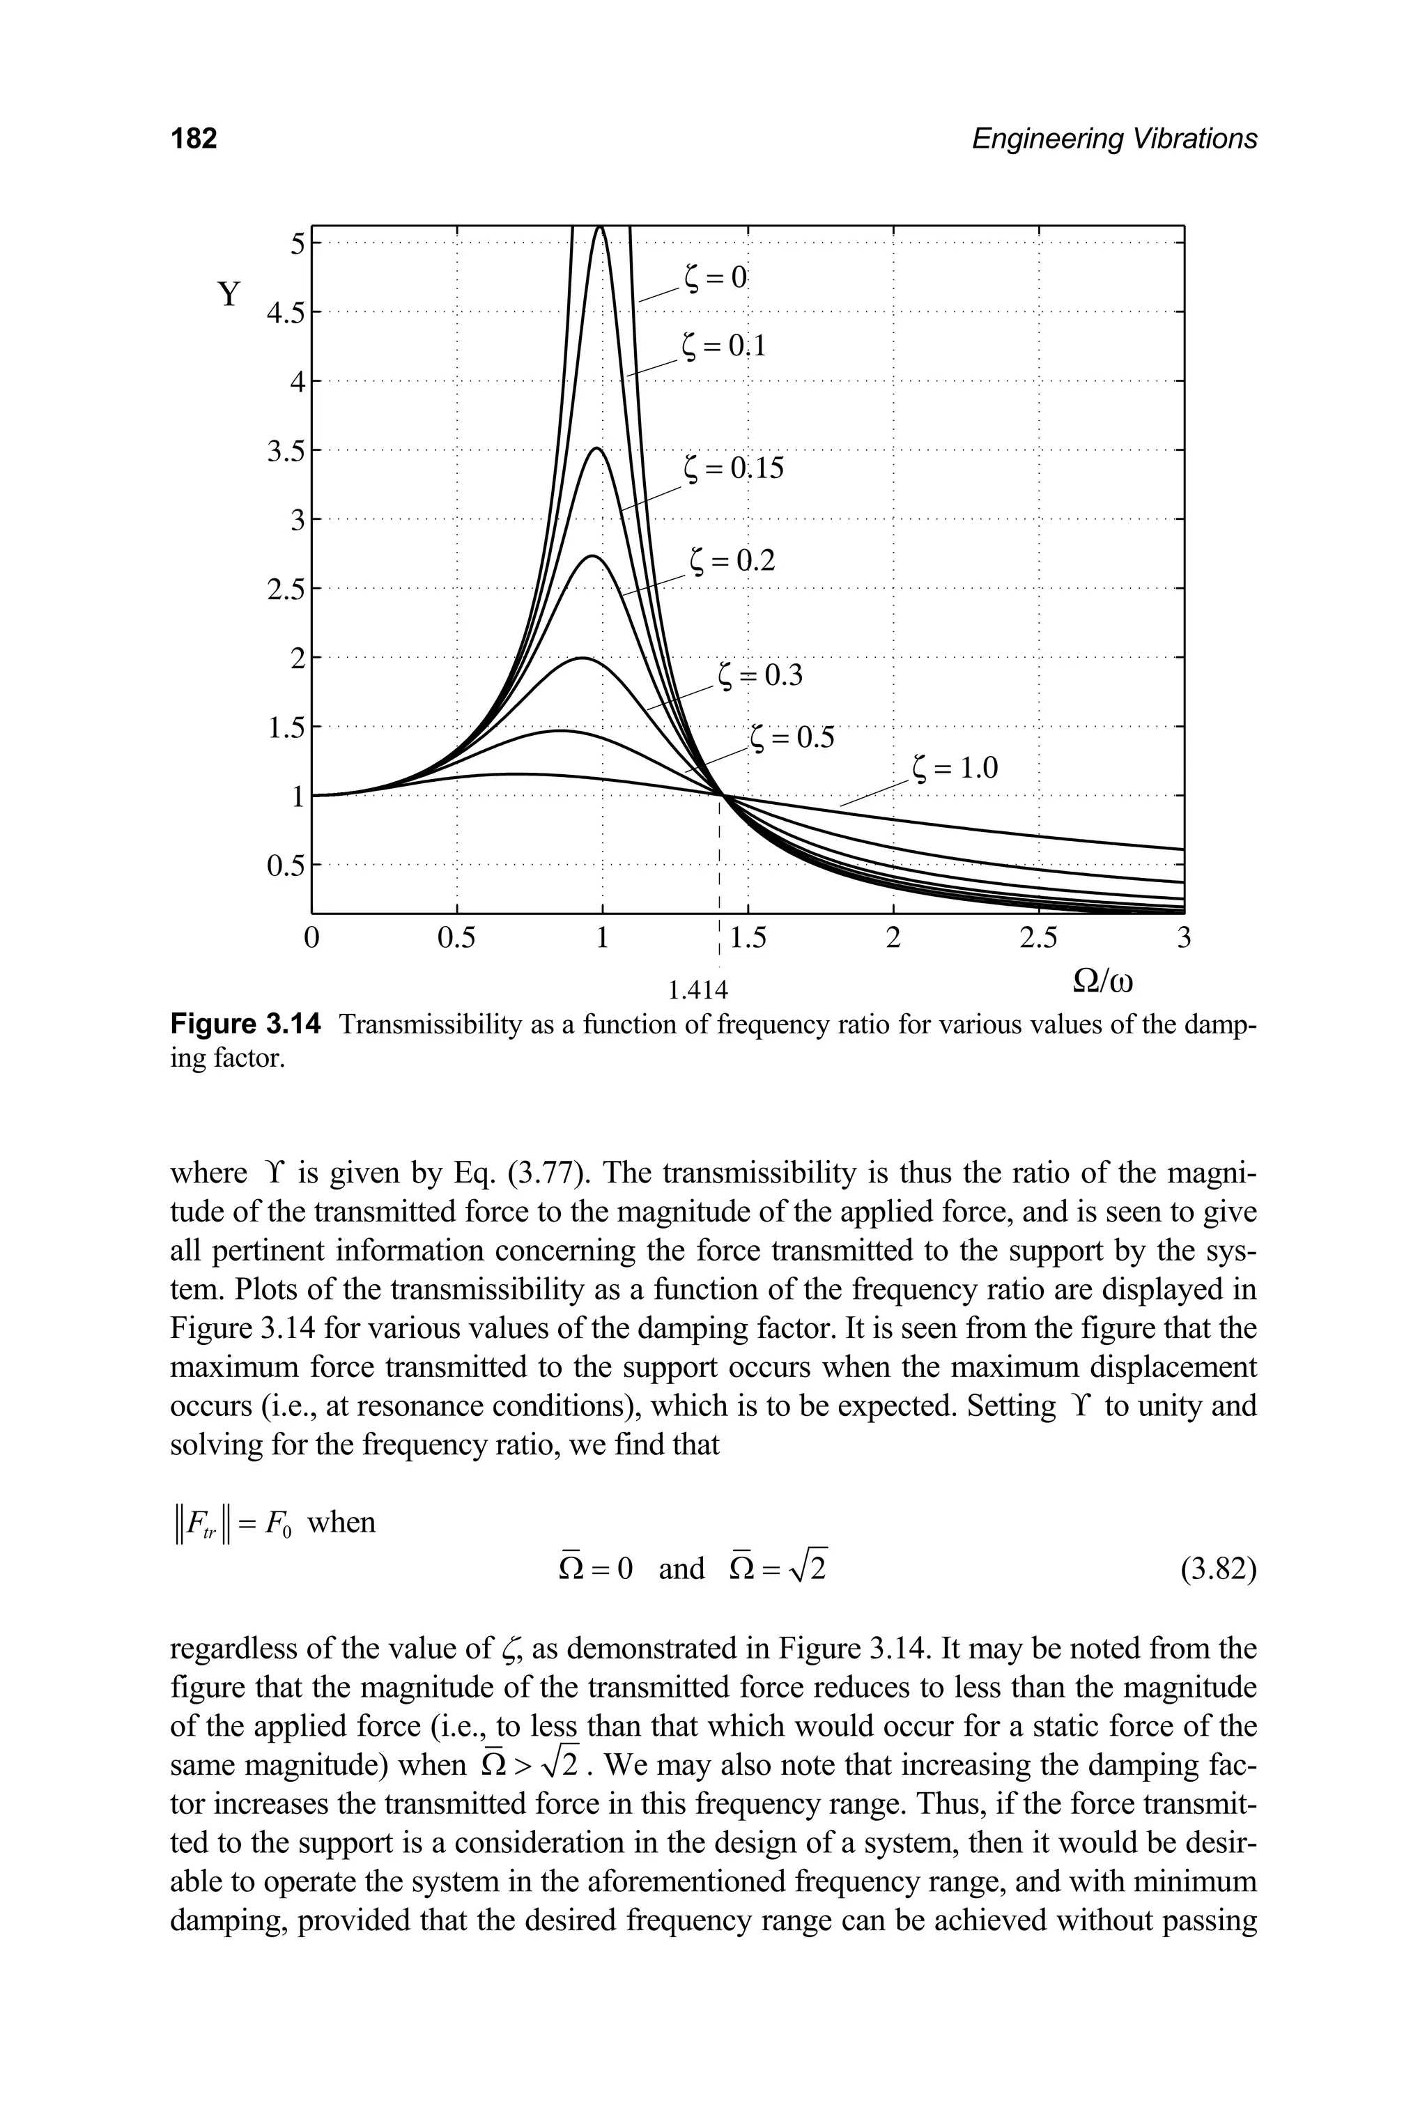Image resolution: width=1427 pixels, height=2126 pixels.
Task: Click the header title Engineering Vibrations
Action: coord(1114,139)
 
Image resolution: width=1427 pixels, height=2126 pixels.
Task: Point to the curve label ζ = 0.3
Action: coord(761,675)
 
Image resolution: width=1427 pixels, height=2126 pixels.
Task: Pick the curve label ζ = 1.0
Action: coord(955,769)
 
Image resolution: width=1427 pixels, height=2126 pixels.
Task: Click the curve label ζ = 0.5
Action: coord(792,737)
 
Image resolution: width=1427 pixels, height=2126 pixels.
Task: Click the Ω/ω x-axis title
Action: coord(1106,983)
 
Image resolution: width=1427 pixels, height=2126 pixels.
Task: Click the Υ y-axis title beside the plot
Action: coord(229,294)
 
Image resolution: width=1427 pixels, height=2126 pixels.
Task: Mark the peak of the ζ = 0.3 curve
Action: coord(580,657)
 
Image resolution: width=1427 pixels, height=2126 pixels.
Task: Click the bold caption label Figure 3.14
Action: coord(246,1026)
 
